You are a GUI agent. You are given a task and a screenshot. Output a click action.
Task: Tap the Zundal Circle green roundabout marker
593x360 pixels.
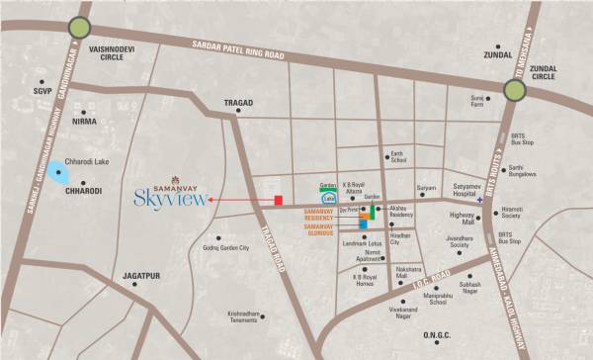point(515,91)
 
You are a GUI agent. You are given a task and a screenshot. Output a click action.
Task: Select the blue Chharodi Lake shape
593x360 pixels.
point(60,176)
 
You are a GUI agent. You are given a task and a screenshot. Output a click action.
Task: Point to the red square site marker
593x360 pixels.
point(279,201)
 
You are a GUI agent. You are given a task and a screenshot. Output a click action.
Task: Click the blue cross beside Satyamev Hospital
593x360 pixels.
point(478,201)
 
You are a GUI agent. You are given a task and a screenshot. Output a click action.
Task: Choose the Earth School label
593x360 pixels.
point(398,156)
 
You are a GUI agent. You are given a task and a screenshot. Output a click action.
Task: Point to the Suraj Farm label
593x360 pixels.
point(478,102)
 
